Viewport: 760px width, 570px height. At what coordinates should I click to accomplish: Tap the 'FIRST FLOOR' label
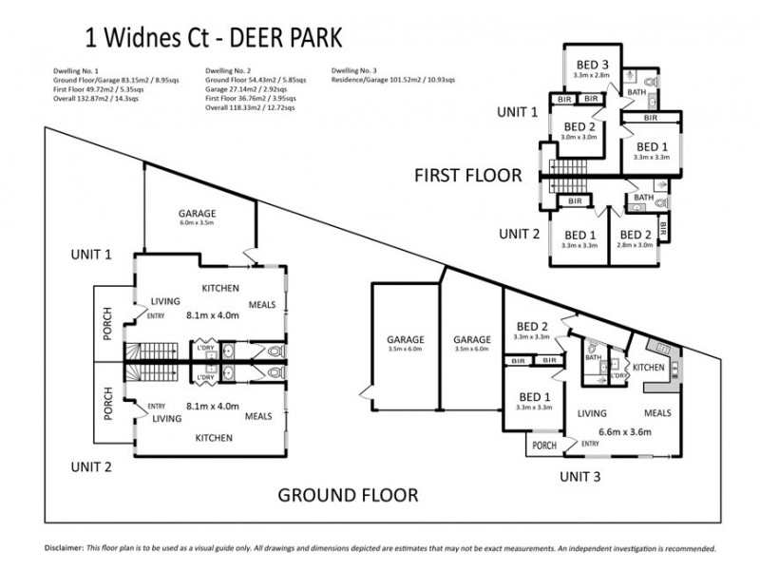click(x=467, y=175)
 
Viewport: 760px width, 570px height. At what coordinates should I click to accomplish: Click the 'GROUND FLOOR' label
click(x=347, y=495)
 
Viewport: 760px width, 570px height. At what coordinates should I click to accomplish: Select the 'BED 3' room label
click(x=591, y=63)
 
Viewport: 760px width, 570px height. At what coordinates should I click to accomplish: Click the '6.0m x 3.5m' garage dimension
click(x=198, y=223)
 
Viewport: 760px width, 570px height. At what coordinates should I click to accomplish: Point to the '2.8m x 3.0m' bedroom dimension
click(x=635, y=246)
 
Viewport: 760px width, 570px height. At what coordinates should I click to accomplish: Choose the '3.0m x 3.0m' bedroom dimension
click(x=579, y=137)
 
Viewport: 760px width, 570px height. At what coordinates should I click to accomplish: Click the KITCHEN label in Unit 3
click(x=649, y=367)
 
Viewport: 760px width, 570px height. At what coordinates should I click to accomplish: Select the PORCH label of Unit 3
click(x=544, y=445)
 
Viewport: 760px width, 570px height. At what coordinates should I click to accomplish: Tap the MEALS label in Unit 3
click(x=656, y=413)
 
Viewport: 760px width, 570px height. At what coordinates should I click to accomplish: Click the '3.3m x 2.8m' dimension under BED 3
click(x=591, y=74)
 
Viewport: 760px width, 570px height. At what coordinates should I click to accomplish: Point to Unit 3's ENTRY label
click(x=590, y=443)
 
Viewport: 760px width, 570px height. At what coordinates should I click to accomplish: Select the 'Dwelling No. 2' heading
click(x=229, y=71)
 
